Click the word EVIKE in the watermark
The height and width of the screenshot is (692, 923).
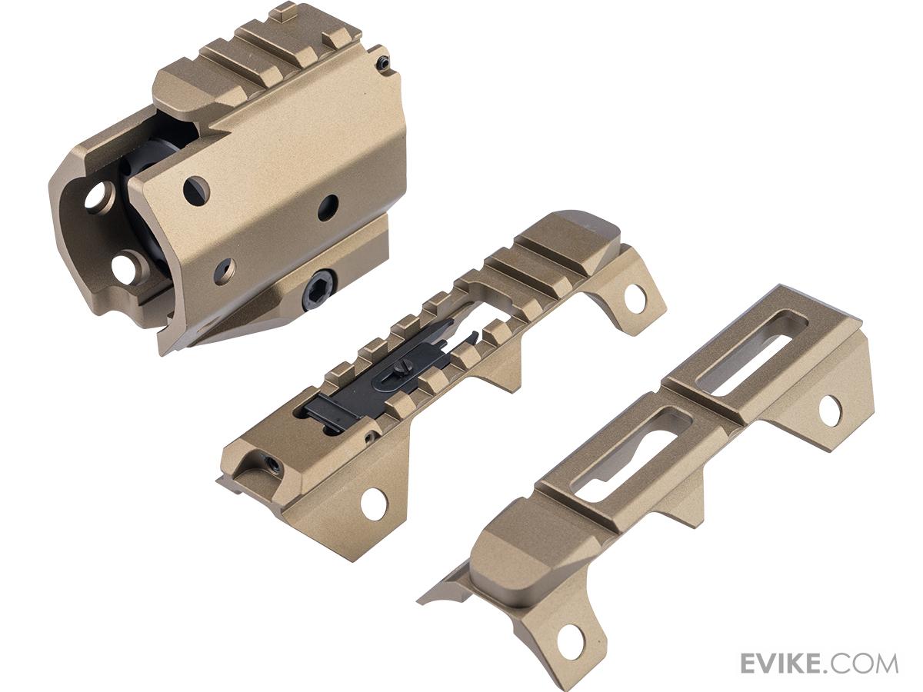tap(781, 652)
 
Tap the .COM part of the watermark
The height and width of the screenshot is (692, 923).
tap(862, 652)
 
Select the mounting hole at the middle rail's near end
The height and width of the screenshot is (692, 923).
tap(372, 504)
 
